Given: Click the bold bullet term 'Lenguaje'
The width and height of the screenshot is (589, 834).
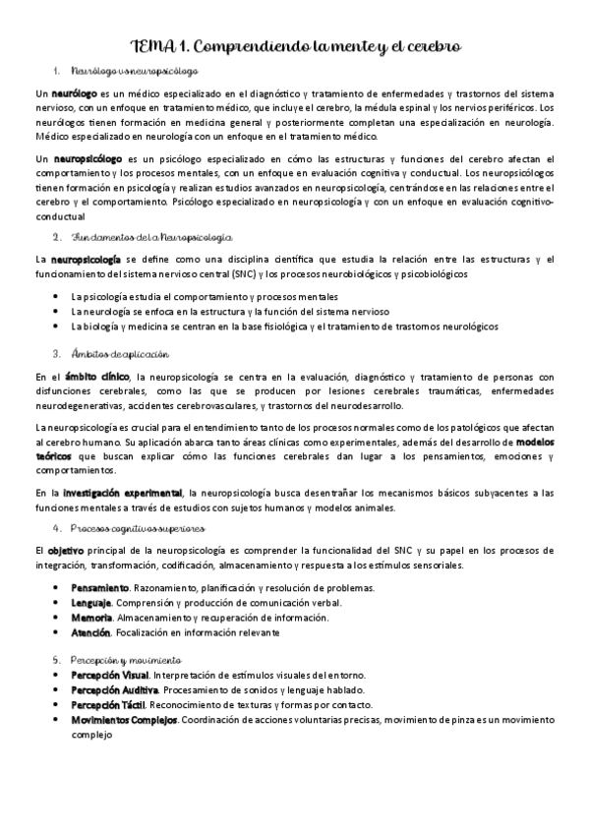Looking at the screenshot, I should point(91,602).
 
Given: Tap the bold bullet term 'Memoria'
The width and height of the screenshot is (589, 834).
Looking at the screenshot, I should point(91,617).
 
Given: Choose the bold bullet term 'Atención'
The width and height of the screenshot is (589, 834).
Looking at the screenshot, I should point(90,632).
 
